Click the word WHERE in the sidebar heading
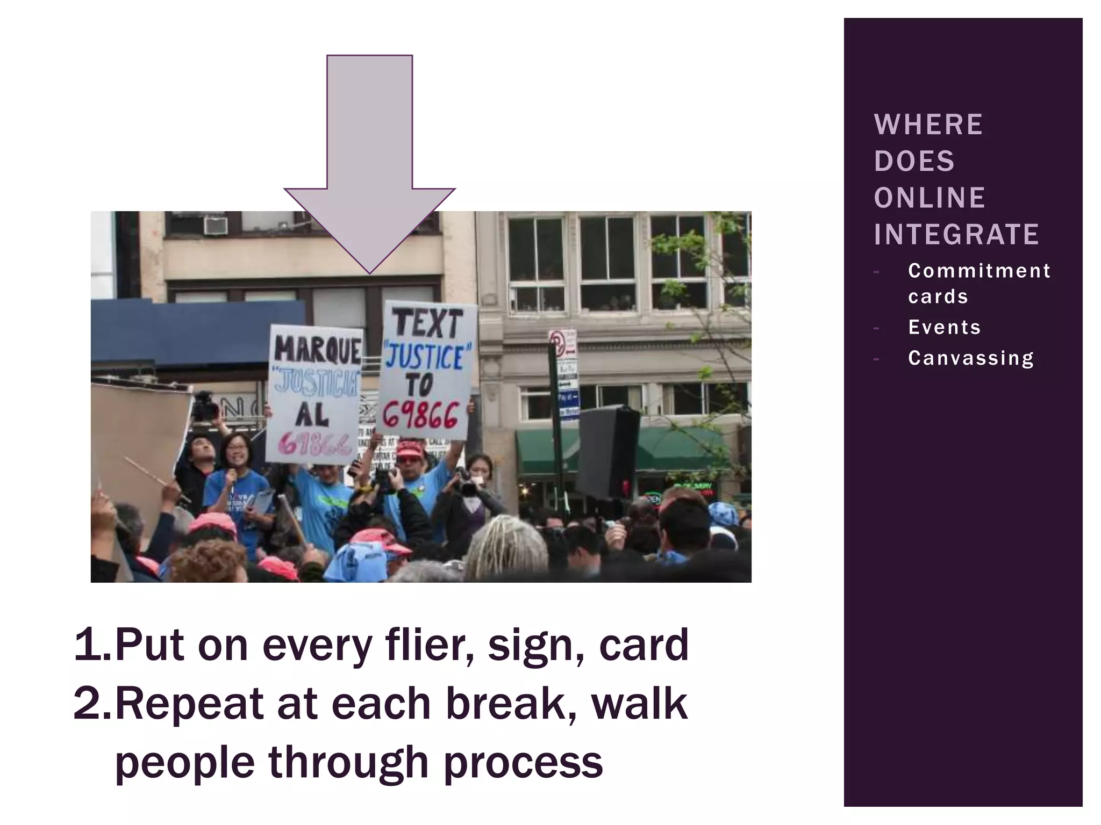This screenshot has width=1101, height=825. [x=928, y=125]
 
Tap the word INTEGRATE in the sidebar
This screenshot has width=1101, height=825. [x=956, y=234]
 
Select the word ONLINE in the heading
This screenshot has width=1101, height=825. [x=930, y=198]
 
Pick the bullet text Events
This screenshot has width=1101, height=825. [x=945, y=327]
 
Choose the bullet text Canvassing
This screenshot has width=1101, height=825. [x=971, y=358]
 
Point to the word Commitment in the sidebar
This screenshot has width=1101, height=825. [x=979, y=271]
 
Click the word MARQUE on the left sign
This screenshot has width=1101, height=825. [x=317, y=350]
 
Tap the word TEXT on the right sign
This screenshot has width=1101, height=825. [x=428, y=323]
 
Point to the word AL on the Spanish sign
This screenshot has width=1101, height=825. [x=312, y=414]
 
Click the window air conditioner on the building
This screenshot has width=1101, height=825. [x=215, y=226]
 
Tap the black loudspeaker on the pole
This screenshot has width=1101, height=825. [x=607, y=452]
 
